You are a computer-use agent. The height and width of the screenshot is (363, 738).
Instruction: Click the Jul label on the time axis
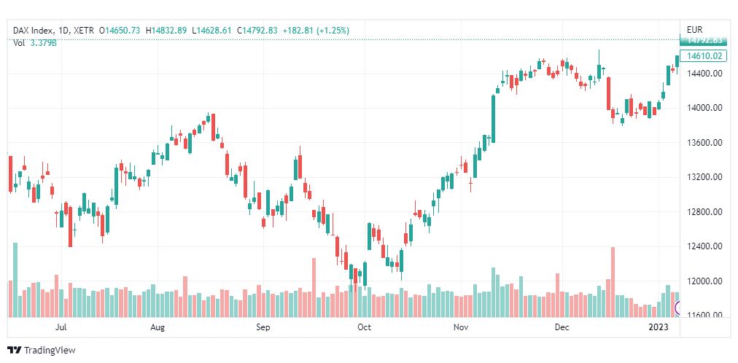[x=62, y=328]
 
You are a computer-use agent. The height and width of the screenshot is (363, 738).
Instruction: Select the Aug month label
[x=158, y=328]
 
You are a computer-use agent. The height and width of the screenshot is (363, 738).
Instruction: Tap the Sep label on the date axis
[x=263, y=328]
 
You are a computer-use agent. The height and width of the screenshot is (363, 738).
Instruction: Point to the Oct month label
[x=364, y=328]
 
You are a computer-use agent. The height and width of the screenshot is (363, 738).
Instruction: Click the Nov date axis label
[x=460, y=328]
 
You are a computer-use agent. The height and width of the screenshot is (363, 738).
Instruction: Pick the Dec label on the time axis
[x=561, y=328]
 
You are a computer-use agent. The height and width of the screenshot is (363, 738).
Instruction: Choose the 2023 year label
[x=658, y=328]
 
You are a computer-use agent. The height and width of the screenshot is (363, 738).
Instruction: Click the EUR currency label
[x=694, y=30]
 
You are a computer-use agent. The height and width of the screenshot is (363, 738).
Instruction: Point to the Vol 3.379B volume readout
[x=35, y=43]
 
